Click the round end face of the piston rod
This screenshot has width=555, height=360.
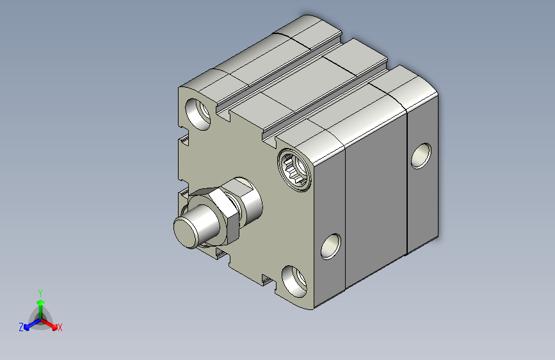[185, 233]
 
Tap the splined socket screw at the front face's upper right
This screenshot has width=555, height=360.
[294, 170]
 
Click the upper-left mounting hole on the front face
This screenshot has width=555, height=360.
[198, 114]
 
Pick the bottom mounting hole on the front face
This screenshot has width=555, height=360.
[294, 281]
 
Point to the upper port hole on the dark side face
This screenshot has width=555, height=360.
[421, 156]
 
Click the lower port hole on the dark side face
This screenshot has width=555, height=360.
[331, 246]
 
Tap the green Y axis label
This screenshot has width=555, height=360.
[40, 293]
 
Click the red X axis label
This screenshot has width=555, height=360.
[60, 327]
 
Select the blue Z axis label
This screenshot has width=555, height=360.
[21, 327]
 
